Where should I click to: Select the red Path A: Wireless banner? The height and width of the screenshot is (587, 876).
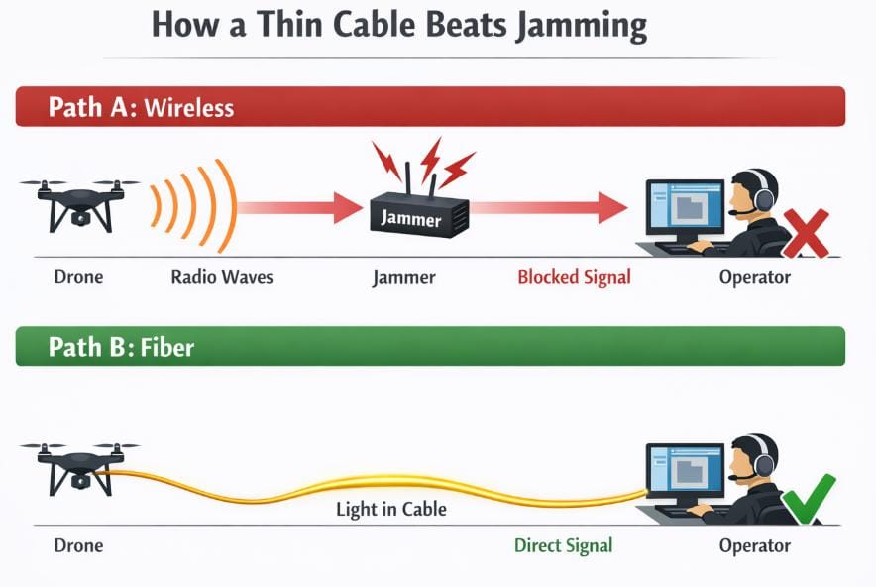(430, 106)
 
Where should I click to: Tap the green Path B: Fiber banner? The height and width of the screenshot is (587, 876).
(430, 346)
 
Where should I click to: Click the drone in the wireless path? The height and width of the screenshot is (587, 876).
(77, 202)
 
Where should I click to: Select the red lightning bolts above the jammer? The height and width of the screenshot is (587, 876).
(426, 163)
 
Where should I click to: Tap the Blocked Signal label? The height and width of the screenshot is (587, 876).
(574, 277)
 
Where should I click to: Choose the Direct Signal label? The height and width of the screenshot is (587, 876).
(563, 545)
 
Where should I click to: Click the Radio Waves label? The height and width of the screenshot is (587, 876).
(221, 277)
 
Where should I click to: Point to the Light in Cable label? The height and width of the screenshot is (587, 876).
(390, 510)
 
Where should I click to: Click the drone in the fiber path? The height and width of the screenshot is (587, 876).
(77, 466)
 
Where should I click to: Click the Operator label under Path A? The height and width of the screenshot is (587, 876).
(754, 277)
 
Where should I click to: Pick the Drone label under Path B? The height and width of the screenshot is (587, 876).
(77, 545)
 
